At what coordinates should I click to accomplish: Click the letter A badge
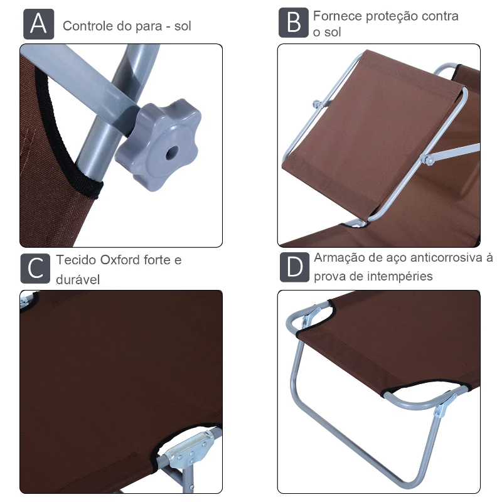pos(38,24)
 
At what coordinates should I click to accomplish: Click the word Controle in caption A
pos(87,26)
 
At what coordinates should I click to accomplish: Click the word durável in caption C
pos(78,279)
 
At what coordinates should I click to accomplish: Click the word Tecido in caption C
pos(75,260)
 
